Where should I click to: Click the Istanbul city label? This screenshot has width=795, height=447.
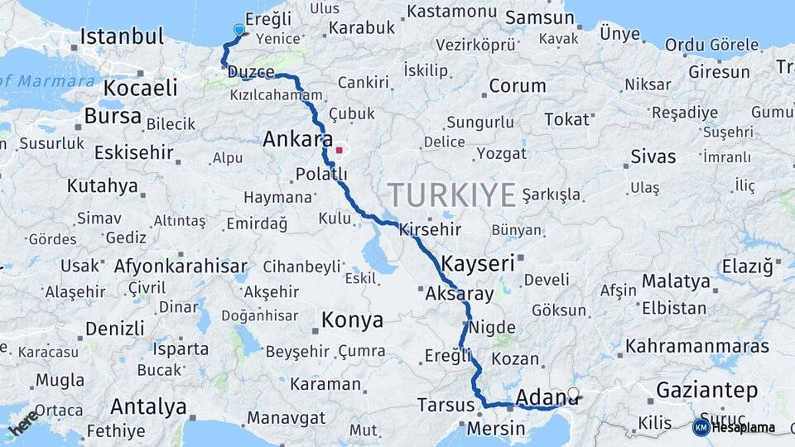coord(121,36)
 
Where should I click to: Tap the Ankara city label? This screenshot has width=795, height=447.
coord(297,140)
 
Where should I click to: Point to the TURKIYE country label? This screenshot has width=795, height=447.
coord(452,195)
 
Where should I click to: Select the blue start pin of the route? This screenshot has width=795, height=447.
coord(239,31)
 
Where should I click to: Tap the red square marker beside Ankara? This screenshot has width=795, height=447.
coord(339,151)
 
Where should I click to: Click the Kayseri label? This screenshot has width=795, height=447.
coord(478,264)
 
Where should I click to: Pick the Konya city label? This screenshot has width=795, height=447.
coord(352,320)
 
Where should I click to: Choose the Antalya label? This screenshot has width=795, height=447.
coord(148,406)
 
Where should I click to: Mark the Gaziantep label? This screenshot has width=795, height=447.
coord(706,389)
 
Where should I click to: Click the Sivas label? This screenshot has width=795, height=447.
coord(653,156)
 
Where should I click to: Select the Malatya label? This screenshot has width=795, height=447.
coord(676,281)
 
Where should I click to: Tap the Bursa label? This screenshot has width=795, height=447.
coord(113,116)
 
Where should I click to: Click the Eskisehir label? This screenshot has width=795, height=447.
coord(133,152)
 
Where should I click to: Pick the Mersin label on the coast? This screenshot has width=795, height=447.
coord(495,429)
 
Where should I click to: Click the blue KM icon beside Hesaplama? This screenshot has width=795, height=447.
coord(701,427)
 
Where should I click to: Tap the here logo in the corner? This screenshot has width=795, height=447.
coord(24,422)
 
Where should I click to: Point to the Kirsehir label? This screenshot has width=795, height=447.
coord(430,229)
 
